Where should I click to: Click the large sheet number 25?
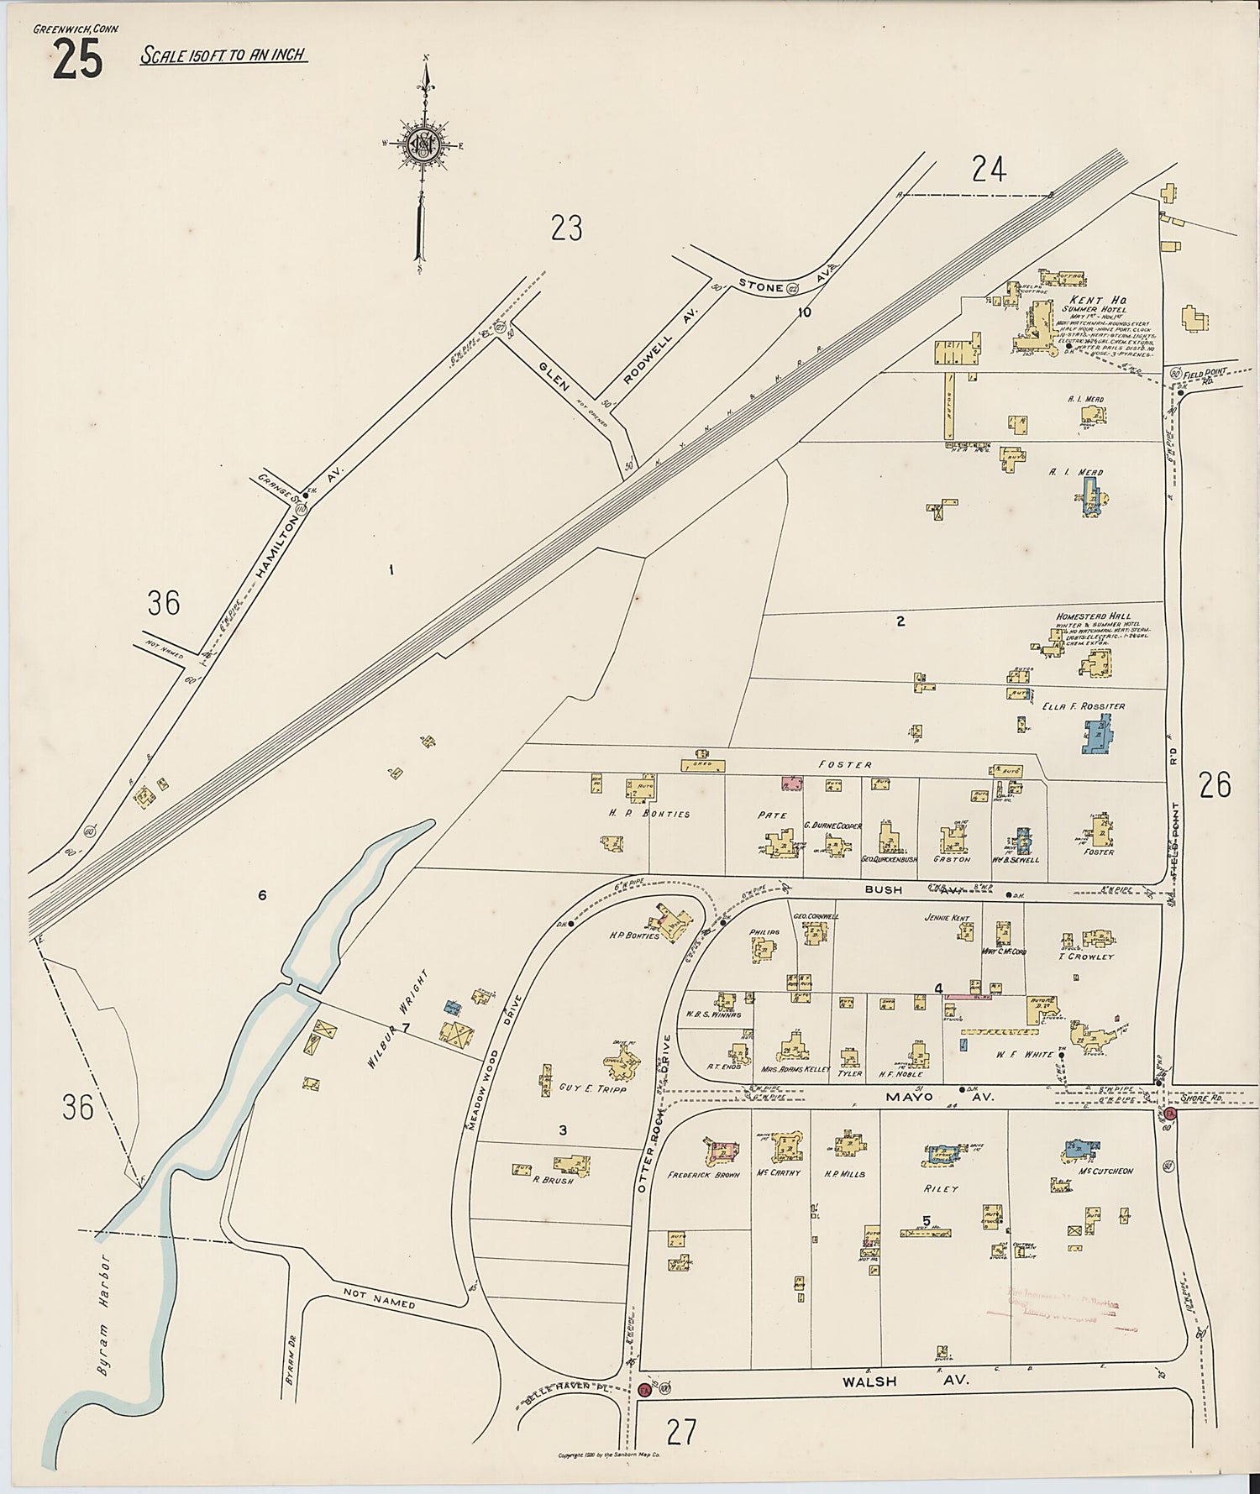[77, 61]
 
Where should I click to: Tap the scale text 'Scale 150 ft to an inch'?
[223, 56]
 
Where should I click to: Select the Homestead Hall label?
[1093, 616]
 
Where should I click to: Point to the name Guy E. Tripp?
[590, 1087]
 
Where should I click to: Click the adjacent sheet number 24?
[988, 170]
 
